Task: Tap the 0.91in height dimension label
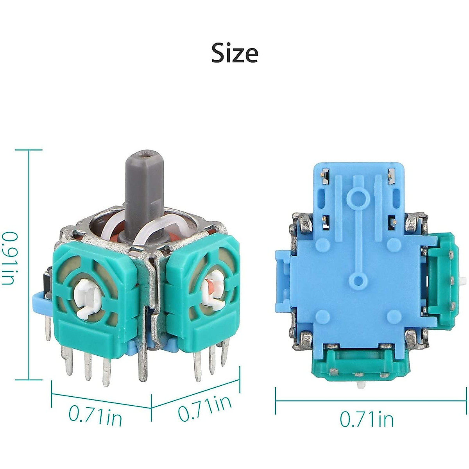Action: (10, 258)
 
